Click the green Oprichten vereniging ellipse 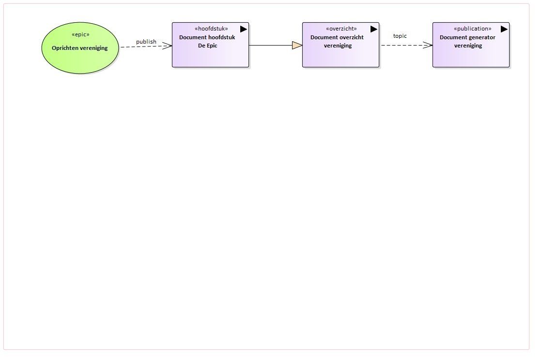(x=80, y=47)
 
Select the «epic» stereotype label (x=80, y=34)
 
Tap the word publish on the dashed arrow (x=146, y=42)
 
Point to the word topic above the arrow (x=400, y=36)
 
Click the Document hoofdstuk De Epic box (x=211, y=45)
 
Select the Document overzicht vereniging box (x=341, y=45)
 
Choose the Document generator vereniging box (x=471, y=45)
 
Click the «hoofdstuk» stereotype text (x=211, y=29)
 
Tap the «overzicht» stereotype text (x=341, y=29)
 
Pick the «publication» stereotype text (x=473, y=29)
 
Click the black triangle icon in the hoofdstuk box (x=243, y=29)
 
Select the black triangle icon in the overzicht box (x=373, y=29)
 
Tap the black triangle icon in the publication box (x=504, y=29)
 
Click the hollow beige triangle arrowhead (x=297, y=45)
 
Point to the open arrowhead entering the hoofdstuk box (x=167, y=46)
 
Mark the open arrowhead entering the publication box (x=428, y=45)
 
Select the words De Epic (x=207, y=46)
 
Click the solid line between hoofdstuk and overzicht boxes (x=271, y=45)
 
